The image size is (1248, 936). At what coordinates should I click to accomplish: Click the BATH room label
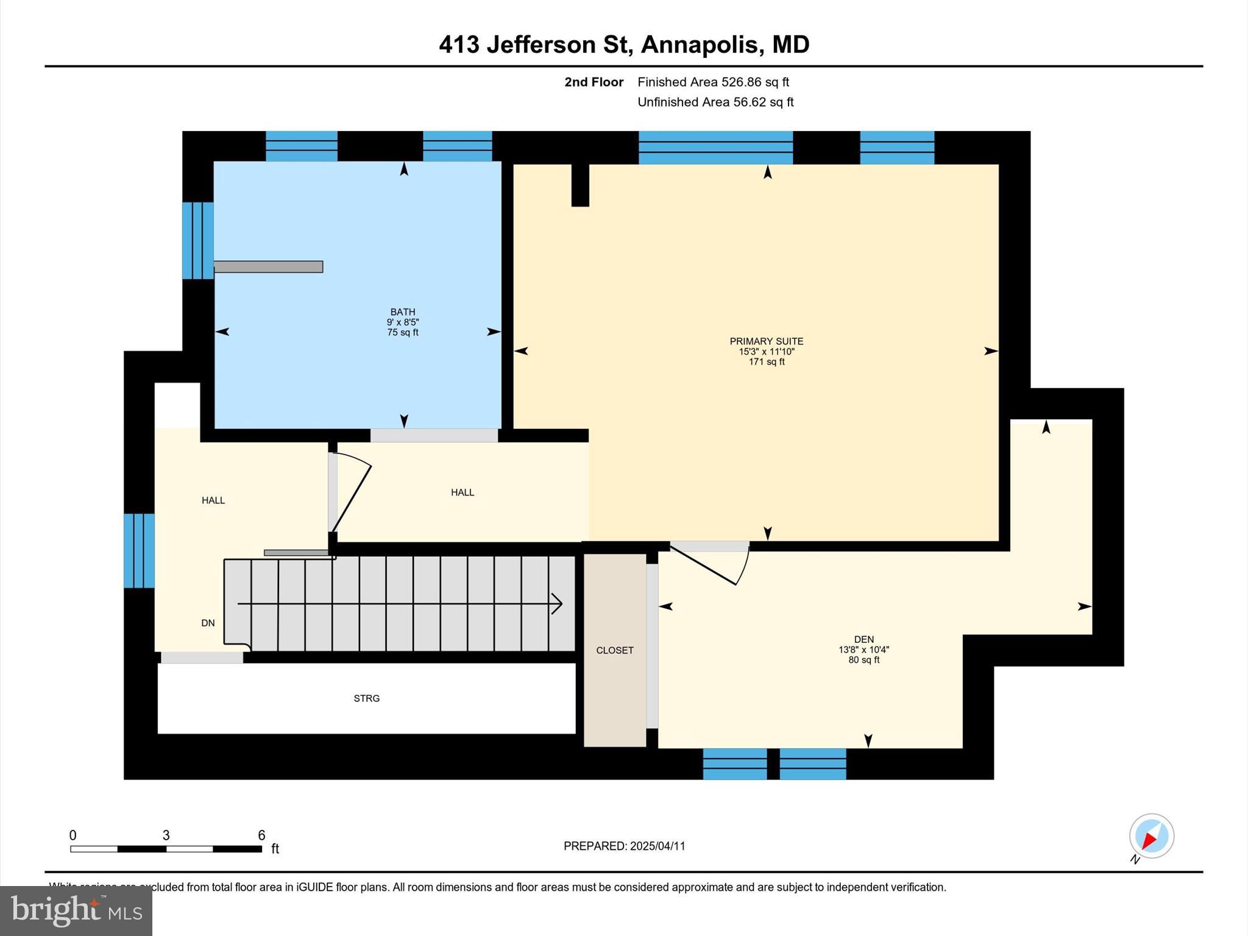coord(403,312)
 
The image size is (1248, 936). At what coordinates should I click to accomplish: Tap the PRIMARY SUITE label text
coord(766,341)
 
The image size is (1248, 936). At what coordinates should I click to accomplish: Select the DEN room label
coord(863,639)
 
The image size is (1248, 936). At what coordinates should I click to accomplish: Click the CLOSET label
coord(614,650)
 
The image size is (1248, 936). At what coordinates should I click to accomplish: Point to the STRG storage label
coord(366,698)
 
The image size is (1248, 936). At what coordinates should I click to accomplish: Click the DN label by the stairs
coord(208,623)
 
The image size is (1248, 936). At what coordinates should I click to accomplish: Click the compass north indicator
coord(1151,837)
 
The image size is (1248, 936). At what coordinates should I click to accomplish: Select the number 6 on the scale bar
coord(261,835)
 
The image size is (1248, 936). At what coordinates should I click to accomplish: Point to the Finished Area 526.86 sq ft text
coord(713,82)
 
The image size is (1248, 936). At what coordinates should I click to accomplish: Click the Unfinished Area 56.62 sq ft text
coord(715,102)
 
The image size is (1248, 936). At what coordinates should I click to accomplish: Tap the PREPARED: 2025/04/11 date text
coord(624,846)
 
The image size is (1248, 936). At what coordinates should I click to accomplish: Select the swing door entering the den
coord(710,565)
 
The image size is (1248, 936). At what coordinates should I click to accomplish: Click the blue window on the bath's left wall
coord(198,241)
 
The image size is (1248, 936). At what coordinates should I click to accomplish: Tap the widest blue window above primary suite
coord(715,147)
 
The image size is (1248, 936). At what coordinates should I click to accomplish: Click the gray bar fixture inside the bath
coord(268,267)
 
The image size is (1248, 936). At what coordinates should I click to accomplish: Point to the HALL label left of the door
coord(213,500)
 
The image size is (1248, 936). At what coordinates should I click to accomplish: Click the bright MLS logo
coord(76,910)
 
